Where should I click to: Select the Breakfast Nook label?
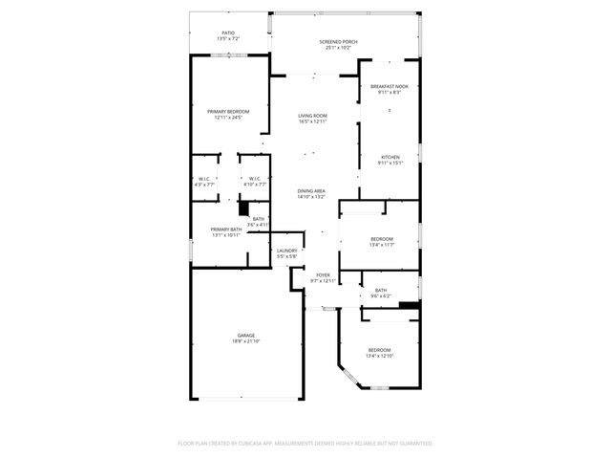390,86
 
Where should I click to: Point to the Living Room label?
313,116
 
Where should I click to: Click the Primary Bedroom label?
229,112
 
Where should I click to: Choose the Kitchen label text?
390,157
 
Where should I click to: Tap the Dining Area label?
311,190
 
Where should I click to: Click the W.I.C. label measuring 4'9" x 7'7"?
204,178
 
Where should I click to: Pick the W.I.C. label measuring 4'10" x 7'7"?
255,178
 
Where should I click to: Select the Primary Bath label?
226,229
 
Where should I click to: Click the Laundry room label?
286,251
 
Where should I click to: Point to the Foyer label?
324,275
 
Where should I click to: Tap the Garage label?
246,335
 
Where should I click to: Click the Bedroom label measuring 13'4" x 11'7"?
381,238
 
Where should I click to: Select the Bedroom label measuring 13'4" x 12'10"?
381,350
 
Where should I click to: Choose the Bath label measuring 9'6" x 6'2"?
381,291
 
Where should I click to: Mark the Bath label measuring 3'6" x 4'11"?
259,219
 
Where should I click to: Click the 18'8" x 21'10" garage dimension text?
246,341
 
